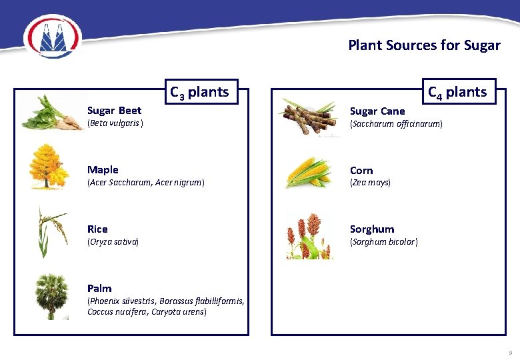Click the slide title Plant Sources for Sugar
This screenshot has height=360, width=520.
(424, 45)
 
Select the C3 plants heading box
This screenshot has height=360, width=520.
(199, 92)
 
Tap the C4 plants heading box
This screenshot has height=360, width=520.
(457, 92)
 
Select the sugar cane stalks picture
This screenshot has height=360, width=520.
(308, 117)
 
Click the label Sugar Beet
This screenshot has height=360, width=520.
(114, 110)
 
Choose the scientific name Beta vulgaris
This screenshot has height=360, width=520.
(115, 123)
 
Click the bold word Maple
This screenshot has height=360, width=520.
(103, 170)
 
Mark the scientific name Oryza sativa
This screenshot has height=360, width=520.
(113, 241)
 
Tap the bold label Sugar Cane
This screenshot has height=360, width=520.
(377, 111)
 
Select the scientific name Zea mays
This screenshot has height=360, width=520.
(370, 182)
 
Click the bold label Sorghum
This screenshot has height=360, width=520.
(371, 229)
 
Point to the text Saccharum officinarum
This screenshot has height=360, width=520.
(396, 124)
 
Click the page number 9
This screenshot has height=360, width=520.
(510, 352)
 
